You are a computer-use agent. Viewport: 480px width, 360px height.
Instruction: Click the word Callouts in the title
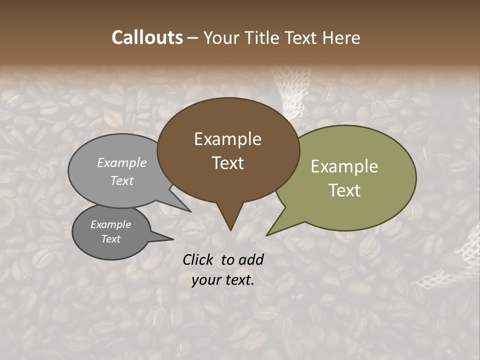147,38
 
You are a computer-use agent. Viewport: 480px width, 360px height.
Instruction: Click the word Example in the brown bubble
227,139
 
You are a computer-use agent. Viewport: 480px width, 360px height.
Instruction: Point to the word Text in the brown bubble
227,163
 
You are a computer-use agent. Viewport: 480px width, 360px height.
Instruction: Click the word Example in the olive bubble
344,166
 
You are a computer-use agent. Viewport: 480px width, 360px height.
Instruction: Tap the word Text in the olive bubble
344,190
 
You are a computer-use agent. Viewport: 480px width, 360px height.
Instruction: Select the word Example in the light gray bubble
122,163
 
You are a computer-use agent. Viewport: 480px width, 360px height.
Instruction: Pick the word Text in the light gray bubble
122,181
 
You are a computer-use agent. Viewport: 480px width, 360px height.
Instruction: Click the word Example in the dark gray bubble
110,224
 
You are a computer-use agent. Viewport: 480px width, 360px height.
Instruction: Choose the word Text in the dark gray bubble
110,239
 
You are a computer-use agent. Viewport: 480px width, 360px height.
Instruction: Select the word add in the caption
251,259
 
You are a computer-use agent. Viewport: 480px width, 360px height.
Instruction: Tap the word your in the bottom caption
205,280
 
